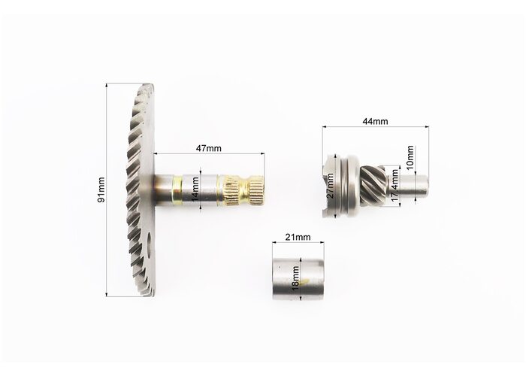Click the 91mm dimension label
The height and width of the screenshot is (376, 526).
[101, 190]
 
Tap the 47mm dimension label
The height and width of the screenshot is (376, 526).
[209, 148]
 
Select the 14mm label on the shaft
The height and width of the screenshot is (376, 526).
[195, 190]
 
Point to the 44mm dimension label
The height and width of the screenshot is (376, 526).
[375, 121]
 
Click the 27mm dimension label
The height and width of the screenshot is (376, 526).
[330, 186]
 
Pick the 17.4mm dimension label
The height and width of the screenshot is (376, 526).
[395, 185]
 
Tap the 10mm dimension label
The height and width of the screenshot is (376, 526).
[410, 156]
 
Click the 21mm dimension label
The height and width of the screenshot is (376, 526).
[298, 237]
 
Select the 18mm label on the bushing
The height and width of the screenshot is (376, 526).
[295, 278]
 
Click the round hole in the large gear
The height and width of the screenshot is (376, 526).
[150, 244]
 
